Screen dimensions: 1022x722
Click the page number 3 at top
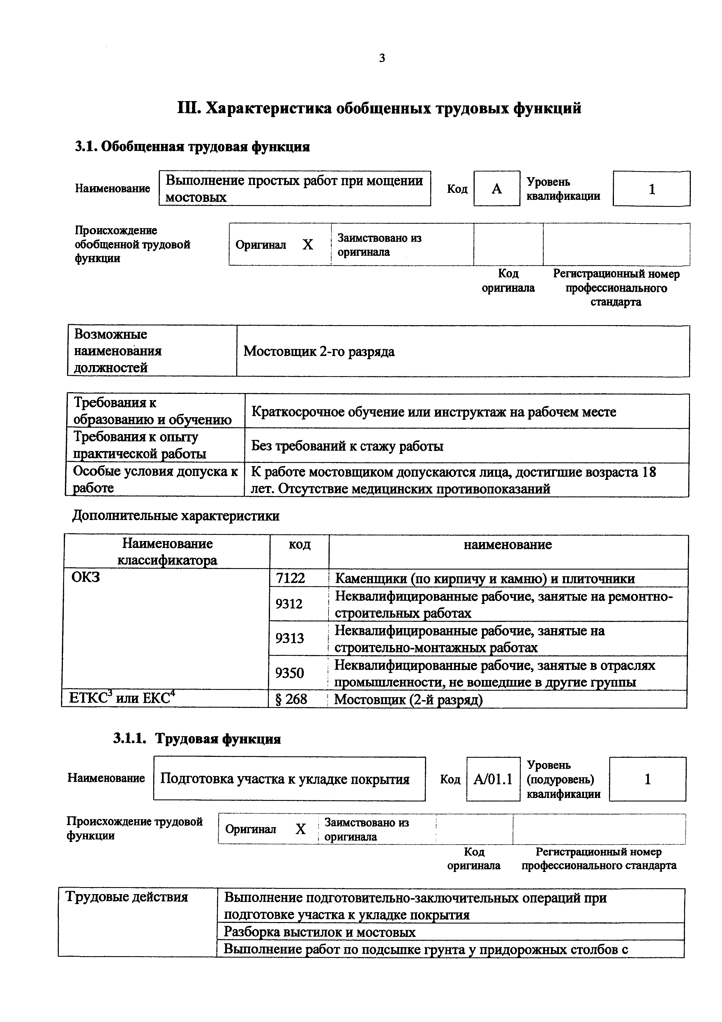tap(382, 58)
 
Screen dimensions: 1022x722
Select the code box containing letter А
tap(497, 189)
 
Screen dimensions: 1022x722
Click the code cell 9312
tap(289, 604)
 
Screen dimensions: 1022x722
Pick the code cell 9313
tap(289, 639)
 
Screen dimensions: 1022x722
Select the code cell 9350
tap(289, 673)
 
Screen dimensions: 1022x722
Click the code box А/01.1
tap(493, 779)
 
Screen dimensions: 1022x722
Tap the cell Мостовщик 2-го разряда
tap(319, 352)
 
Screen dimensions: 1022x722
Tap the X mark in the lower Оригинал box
tap(301, 829)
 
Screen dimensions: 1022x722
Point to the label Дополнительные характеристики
tap(176, 516)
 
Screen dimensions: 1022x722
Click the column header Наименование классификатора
tap(167, 551)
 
